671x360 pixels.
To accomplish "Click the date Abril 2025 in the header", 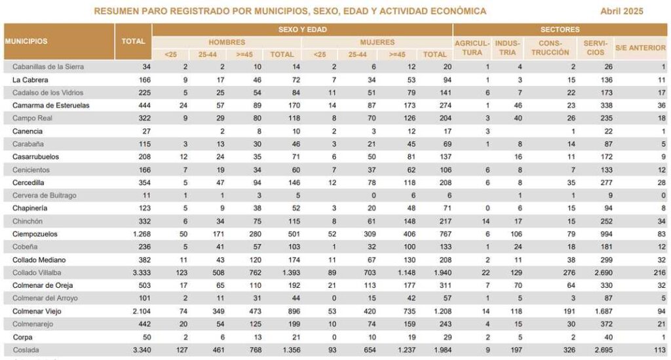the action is coord(621,11).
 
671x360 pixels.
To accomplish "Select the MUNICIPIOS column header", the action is coord(26,41).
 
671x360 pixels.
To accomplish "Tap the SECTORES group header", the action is coord(560,30).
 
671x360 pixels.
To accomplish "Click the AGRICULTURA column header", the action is coord(472,47).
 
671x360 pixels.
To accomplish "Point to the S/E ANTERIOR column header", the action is coord(640,48).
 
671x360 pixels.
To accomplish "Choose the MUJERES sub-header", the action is coord(377,43).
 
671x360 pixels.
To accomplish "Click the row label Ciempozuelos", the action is coord(35,234).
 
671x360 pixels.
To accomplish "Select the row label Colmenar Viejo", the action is coord(37,311).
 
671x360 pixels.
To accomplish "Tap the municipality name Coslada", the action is coord(26,350).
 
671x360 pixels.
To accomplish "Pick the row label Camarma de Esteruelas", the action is coord(51,106).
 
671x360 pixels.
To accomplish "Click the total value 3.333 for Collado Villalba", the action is coord(142,273).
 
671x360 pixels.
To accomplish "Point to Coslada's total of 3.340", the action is coord(142,350).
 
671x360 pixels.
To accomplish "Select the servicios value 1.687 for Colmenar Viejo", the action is coord(604,311).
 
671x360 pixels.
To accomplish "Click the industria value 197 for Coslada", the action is coord(516,350).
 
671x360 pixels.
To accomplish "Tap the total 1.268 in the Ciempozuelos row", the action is coord(142,234).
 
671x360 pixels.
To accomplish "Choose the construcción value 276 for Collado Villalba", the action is coord(569,273).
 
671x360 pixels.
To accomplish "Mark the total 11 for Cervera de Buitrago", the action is coord(146,195).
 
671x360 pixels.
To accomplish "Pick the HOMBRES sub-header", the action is coord(227,43).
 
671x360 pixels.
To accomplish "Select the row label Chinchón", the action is coord(28,221).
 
